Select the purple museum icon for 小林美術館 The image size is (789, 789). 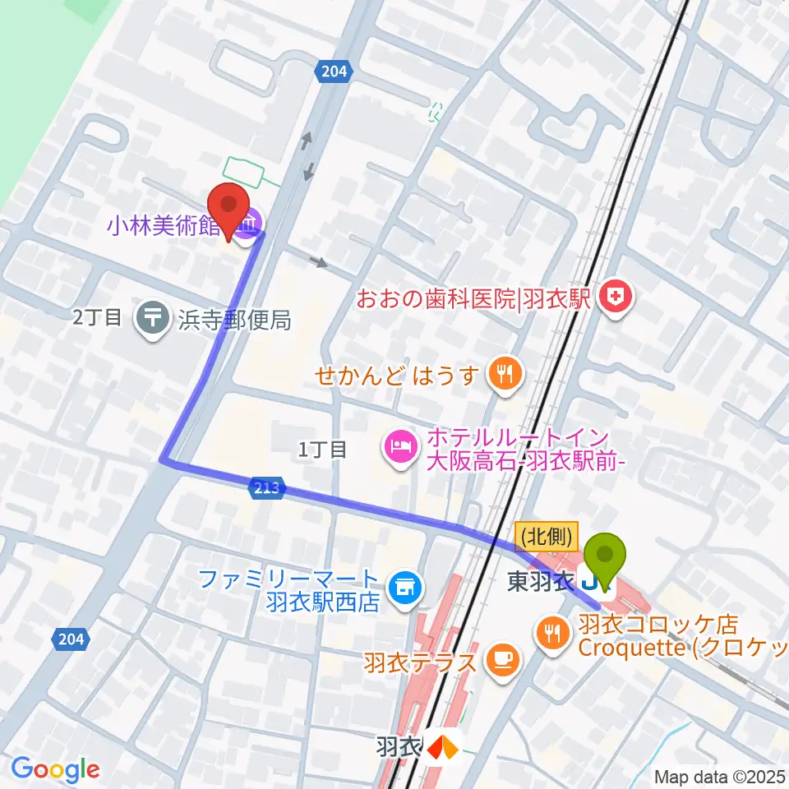247,219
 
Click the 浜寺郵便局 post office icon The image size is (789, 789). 152,318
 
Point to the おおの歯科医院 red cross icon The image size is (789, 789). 613,298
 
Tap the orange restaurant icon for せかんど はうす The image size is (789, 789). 502,376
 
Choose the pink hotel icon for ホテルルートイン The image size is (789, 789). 399,448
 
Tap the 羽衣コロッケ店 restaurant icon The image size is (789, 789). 549,632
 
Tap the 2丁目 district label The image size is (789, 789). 97,318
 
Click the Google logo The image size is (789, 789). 55,769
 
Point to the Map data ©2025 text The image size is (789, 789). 719,777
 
